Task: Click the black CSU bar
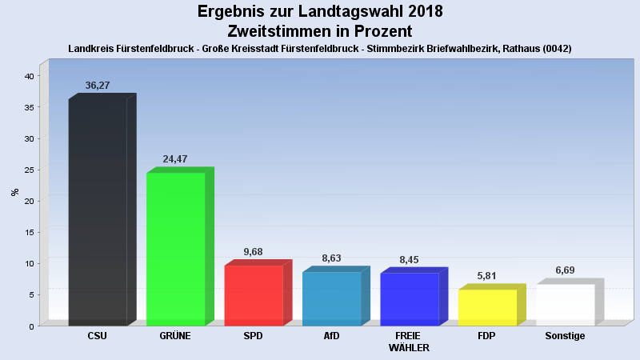click(98, 212)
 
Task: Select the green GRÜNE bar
click(176, 249)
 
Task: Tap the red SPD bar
click(254, 295)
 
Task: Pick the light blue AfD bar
click(331, 298)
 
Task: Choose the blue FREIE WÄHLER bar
click(409, 299)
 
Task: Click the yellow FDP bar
click(487, 307)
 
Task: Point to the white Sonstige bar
click(565, 305)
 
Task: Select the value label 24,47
click(175, 159)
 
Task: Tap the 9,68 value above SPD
click(253, 252)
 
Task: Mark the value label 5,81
click(487, 276)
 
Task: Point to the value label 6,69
click(565, 270)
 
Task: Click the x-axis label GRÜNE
click(175, 336)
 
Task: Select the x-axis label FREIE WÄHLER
click(409, 342)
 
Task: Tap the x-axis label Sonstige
click(565, 336)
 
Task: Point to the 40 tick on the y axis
click(29, 76)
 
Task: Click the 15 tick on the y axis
click(29, 232)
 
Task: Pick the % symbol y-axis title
click(14, 192)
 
